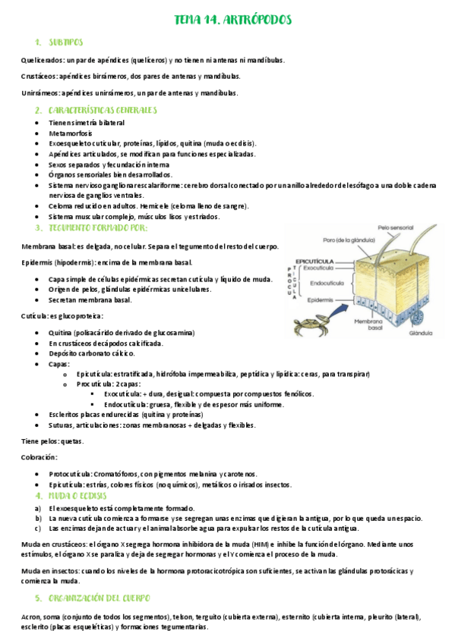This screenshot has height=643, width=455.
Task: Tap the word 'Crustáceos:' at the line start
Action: (x=39, y=77)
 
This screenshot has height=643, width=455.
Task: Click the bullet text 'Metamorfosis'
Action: (x=70, y=133)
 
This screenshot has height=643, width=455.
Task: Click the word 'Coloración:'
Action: (x=39, y=457)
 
